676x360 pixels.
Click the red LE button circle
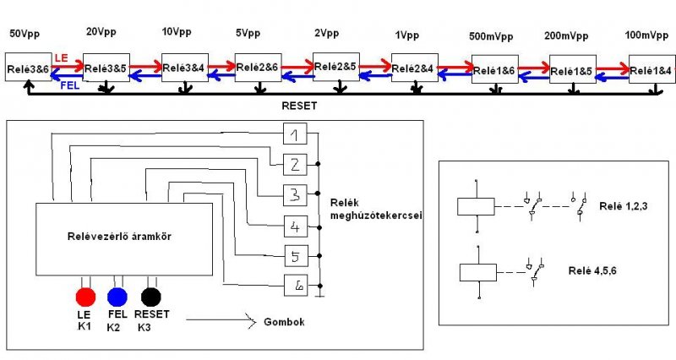[85, 297]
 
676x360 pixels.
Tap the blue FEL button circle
[117, 297]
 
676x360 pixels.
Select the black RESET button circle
[151, 297]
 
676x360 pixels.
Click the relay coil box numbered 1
[295, 134]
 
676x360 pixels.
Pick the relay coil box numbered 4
[296, 226]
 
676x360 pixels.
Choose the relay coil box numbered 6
[296, 286]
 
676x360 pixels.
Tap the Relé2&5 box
[335, 67]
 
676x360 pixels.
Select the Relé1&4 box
[651, 69]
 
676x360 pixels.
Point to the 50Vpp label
[25, 34]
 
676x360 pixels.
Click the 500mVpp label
[491, 36]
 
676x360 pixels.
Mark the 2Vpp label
[327, 33]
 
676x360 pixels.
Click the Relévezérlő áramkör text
[119, 237]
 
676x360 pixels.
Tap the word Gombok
[284, 322]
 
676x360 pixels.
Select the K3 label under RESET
[144, 328]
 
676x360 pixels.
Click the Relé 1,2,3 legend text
[624, 206]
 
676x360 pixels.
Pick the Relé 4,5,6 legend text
[592, 270]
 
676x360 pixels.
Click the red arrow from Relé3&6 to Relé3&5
[68, 67]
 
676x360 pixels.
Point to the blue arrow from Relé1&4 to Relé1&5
[612, 78]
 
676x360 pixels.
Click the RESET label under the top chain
[299, 106]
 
